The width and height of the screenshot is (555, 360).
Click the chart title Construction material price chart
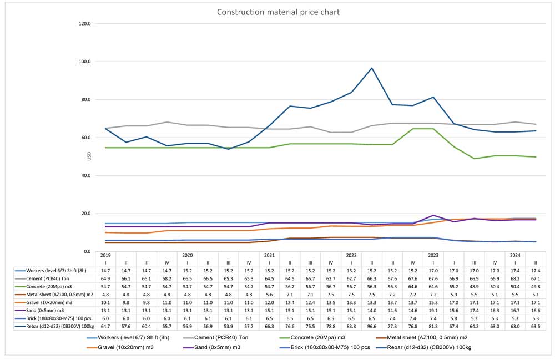pyautogui.click(x=278, y=12)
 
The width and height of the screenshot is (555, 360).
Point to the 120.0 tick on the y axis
pyautogui.click(x=85, y=24)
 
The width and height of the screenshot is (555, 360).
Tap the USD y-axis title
pyautogui.click(x=89, y=156)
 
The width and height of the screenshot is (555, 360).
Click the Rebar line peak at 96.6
pyautogui.click(x=372, y=68)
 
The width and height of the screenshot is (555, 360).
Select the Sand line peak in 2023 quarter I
pyautogui.click(x=433, y=215)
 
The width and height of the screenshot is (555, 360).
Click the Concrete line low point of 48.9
pyautogui.click(x=475, y=159)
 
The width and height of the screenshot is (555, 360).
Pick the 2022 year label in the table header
pyautogui.click(x=351, y=255)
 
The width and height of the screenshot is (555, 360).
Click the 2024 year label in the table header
pyautogui.click(x=515, y=255)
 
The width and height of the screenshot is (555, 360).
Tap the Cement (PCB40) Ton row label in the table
pyautogui.click(x=47, y=278)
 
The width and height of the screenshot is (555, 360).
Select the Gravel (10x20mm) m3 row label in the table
pyautogui.click(x=49, y=303)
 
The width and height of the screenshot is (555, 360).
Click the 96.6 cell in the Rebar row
pyautogui.click(x=372, y=326)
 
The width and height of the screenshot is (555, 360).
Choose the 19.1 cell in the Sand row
pyautogui.click(x=433, y=311)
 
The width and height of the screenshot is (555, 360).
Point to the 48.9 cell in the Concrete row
pyautogui.click(x=475, y=287)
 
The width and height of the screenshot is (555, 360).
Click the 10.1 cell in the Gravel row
pyautogui.click(x=105, y=303)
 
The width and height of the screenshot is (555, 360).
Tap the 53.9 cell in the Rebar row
pyautogui.click(x=228, y=326)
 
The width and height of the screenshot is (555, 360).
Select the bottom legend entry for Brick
pyautogui.click(x=325, y=348)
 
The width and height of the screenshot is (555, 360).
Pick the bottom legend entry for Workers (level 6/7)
pyautogui.click(x=128, y=338)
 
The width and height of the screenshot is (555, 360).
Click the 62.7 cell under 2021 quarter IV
pyautogui.click(x=331, y=278)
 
